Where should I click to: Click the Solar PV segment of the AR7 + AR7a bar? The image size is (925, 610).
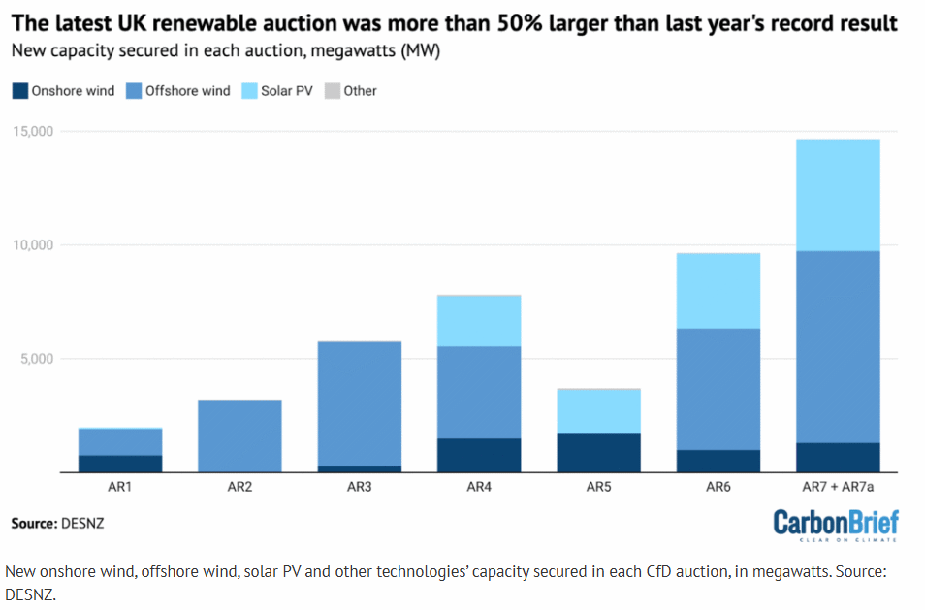(x=838, y=195)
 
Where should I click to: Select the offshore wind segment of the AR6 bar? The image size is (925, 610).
(x=718, y=389)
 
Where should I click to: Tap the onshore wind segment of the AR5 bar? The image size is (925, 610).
(x=599, y=452)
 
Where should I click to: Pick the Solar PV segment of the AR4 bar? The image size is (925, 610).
(x=479, y=321)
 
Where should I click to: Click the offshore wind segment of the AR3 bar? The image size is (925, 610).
(x=360, y=403)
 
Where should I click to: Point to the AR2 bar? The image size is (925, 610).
(x=239, y=435)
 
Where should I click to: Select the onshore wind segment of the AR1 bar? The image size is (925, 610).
(x=120, y=464)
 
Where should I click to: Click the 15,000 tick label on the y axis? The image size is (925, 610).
(x=32, y=131)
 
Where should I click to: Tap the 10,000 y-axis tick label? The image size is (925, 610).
(x=32, y=244)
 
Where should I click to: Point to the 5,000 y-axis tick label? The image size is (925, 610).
(x=36, y=359)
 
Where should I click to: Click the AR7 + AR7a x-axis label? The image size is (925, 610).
(x=838, y=487)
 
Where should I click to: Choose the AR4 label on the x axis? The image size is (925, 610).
(x=479, y=487)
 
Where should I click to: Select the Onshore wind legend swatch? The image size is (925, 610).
(x=19, y=91)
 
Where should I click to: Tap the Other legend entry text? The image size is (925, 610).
(x=360, y=91)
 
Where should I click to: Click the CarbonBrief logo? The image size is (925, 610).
(x=836, y=525)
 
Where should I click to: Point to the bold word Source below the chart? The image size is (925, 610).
(x=33, y=524)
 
